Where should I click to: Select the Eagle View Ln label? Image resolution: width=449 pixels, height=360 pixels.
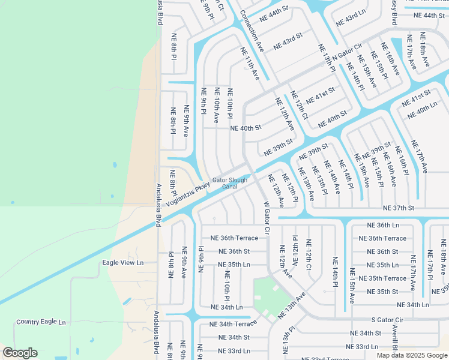tap(123, 262)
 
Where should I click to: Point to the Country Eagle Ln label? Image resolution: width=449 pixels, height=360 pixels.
tap(41, 322)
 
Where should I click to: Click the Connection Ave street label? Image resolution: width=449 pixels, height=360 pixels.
tap(252, 29)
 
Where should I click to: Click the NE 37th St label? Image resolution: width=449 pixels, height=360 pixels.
tap(399, 208)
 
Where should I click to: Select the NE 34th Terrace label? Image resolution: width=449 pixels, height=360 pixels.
tap(233, 324)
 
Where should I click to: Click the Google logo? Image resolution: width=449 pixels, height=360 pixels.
tap(20, 352)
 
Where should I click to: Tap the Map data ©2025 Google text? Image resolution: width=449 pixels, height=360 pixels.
tap(411, 355)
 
